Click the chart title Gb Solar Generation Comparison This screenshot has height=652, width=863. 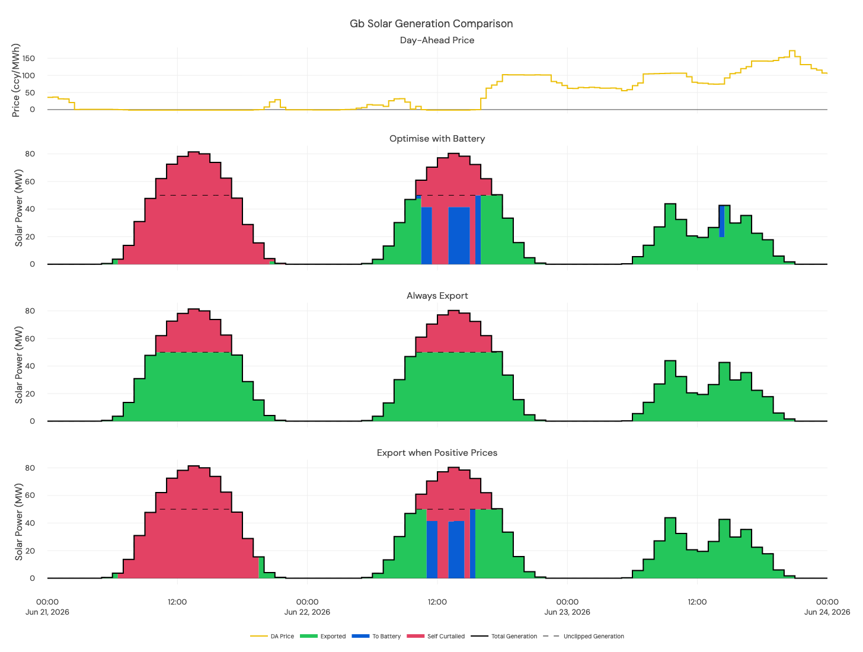pos(431,24)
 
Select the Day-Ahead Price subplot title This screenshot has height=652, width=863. pos(437,40)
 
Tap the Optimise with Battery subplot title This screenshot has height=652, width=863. pos(437,139)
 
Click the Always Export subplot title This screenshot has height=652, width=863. pos(437,296)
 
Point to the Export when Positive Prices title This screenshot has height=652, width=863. pos(437,453)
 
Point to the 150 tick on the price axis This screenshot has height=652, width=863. pos(29,59)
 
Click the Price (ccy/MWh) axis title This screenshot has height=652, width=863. pos(16,80)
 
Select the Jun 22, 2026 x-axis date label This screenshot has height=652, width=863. pos(307,612)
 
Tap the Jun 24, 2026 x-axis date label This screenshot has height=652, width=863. pos(827,612)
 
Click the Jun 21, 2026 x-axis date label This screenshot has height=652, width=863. pos(47,612)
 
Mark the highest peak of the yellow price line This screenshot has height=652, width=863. pos(792,51)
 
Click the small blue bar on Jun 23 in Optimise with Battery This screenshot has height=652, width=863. pos(721,221)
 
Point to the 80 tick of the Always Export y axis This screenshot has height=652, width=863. pos(30,311)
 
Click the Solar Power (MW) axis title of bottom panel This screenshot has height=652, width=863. pos(19,522)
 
